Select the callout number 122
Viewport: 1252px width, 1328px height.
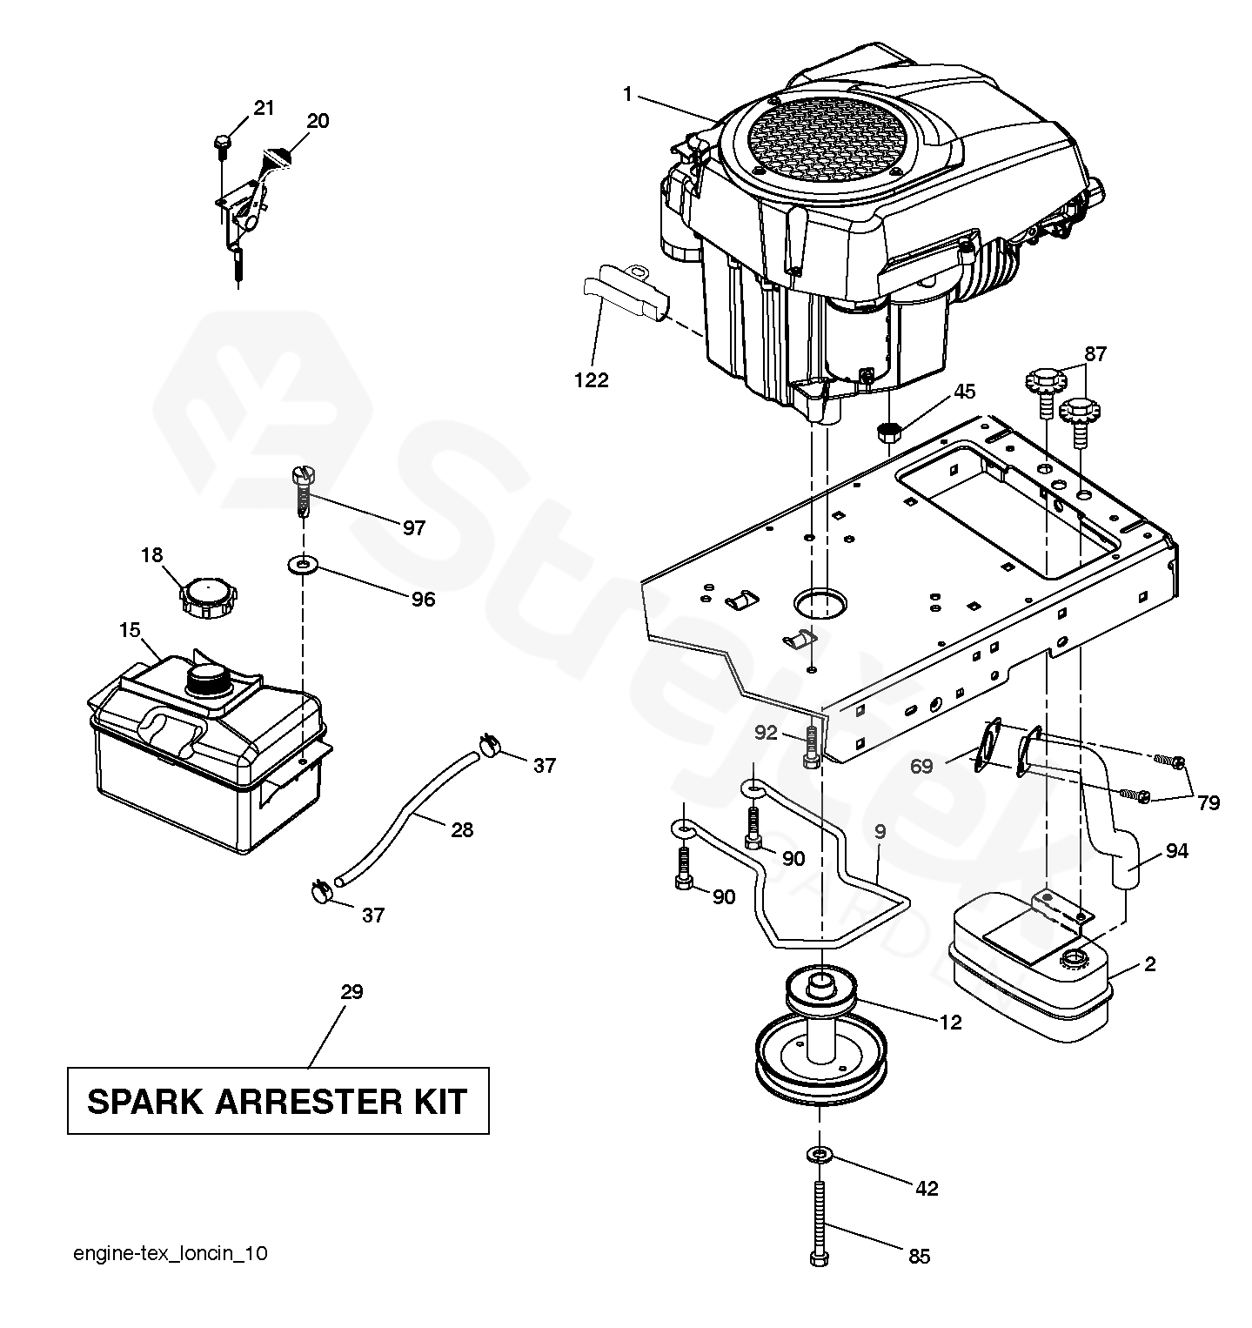(592, 379)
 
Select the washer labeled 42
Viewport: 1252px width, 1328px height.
(820, 1155)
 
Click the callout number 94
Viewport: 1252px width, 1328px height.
(1176, 851)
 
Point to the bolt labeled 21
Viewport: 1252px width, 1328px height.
(222, 142)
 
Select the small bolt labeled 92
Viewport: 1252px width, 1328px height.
(811, 747)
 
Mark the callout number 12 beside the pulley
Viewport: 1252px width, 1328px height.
(951, 1022)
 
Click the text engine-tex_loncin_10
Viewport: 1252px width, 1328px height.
(171, 1253)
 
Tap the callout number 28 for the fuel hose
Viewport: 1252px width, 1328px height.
(462, 829)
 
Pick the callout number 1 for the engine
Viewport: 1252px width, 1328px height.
(626, 94)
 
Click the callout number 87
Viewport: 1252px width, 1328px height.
(1095, 353)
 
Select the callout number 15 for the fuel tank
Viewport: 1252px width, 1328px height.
(130, 629)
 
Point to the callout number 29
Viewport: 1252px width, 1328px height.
(351, 991)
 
